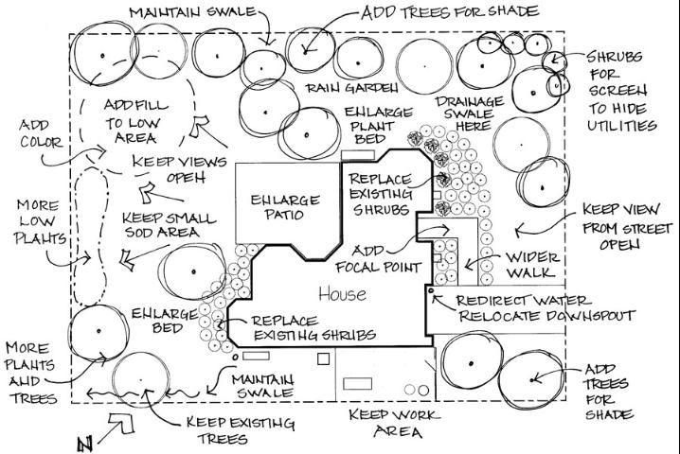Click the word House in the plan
pyautogui.click(x=342, y=294)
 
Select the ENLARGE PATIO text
pyautogui.click(x=277, y=206)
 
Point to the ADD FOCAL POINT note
pyautogui.click(x=387, y=259)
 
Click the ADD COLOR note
pyautogui.click(x=39, y=134)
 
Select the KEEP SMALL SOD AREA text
pyautogui.click(x=170, y=225)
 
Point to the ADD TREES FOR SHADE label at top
pyautogui.click(x=449, y=12)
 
